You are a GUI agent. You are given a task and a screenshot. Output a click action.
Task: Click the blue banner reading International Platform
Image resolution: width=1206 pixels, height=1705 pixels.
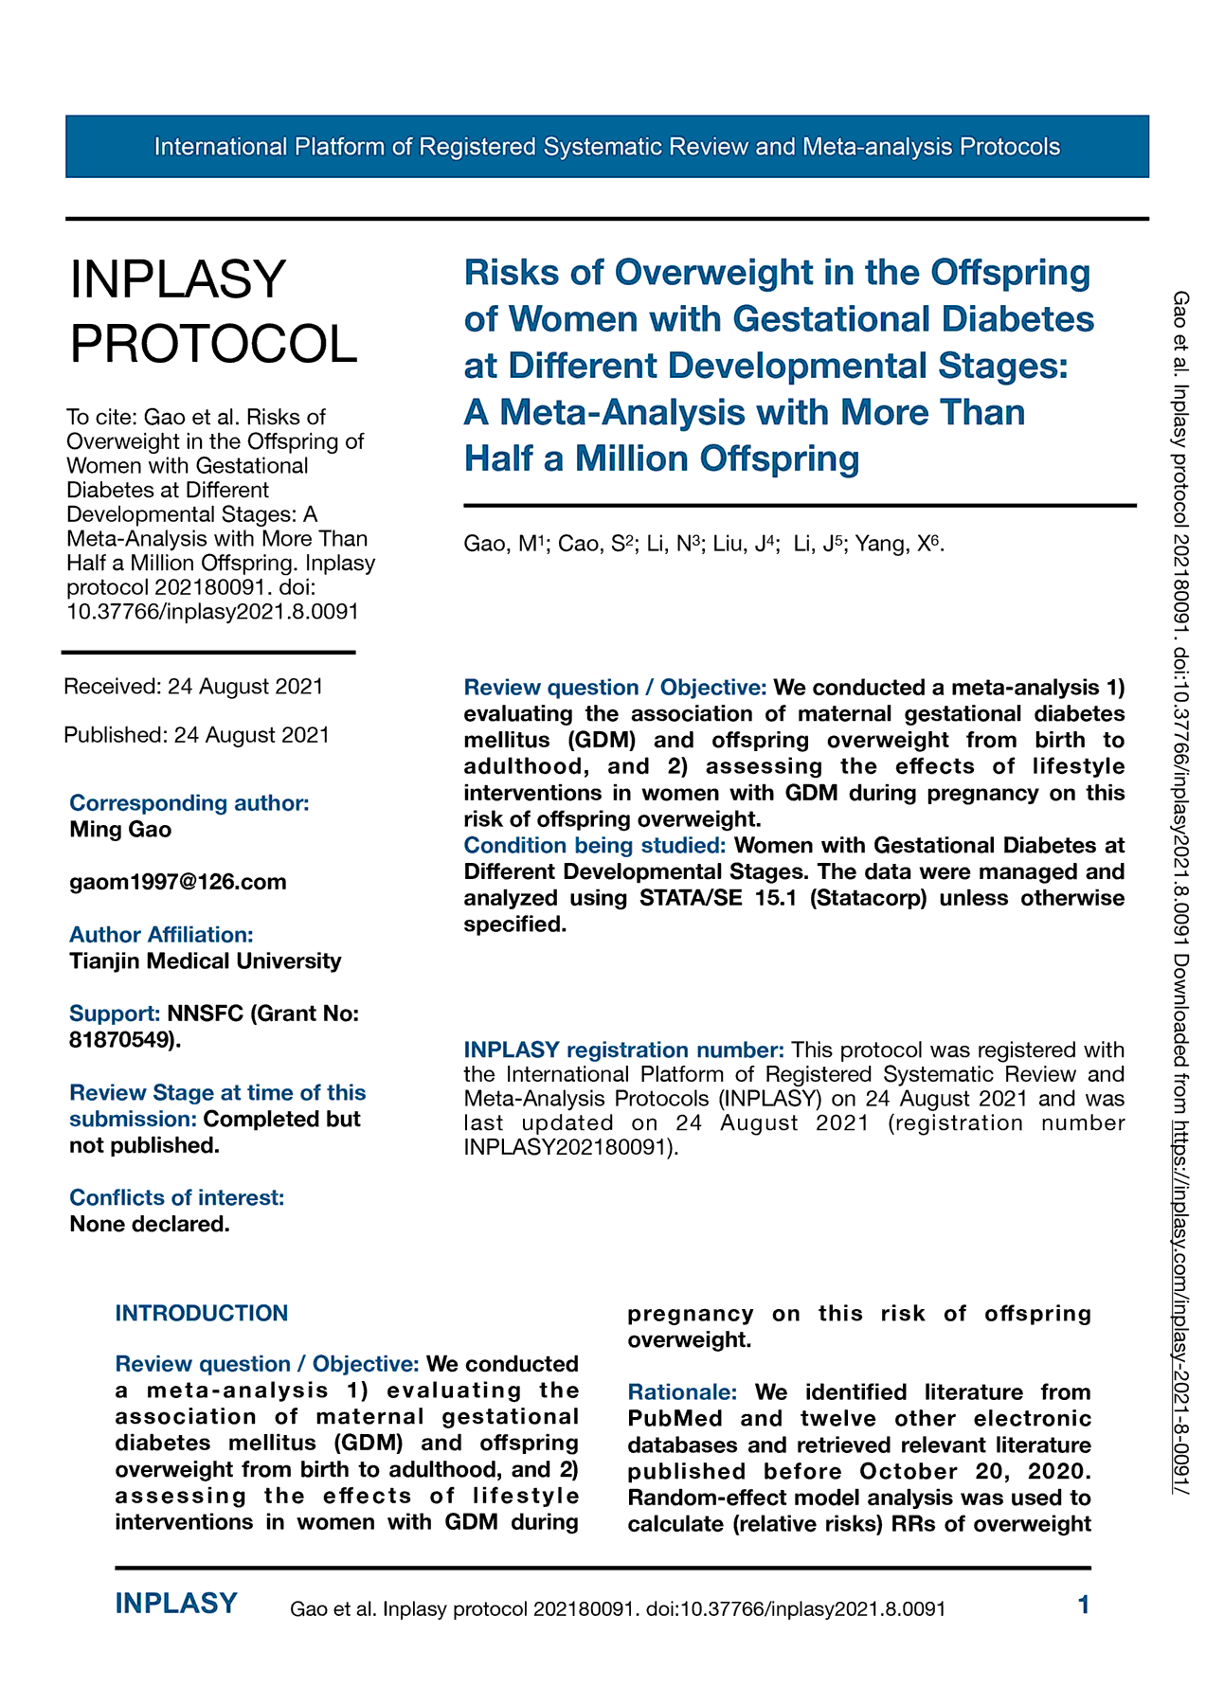[x=606, y=147]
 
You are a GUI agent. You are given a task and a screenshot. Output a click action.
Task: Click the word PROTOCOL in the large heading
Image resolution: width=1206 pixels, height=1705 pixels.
[x=214, y=343]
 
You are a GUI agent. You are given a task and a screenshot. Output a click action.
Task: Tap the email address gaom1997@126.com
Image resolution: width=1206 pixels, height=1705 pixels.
[x=178, y=882]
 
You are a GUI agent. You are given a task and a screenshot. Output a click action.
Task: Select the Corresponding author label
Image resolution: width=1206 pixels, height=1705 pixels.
[x=189, y=803]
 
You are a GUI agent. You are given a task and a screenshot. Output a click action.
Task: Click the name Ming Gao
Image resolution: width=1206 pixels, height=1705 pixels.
[x=120, y=830]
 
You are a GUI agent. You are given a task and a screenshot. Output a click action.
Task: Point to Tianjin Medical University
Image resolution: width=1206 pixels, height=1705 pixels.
[x=206, y=961]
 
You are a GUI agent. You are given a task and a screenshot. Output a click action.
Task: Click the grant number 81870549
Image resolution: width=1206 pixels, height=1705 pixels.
[x=122, y=1040]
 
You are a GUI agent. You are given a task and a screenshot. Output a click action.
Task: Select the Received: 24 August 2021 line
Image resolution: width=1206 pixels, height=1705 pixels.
[x=193, y=687]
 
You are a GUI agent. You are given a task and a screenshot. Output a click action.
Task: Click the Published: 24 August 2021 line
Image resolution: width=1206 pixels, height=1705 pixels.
[x=196, y=735]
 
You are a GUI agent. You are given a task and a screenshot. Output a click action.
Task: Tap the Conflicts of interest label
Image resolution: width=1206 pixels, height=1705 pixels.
[x=177, y=1198]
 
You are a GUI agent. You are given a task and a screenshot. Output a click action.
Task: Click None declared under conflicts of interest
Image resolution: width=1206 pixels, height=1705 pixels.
[x=150, y=1225]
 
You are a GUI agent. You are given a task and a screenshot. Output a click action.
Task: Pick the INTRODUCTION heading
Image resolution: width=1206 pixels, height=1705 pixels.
[x=202, y=1314]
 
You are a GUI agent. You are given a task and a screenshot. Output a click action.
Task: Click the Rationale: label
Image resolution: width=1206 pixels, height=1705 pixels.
[x=682, y=1392]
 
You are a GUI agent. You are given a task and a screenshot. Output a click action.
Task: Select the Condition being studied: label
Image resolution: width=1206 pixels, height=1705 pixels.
[x=595, y=845]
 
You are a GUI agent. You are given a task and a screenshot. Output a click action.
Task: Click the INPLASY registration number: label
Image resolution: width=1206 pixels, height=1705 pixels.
[x=623, y=1050]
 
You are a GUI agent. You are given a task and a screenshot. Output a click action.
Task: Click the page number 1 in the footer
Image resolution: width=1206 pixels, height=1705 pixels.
[x=1084, y=1605]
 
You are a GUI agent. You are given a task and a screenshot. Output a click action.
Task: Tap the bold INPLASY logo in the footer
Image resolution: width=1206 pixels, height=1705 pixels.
[x=176, y=1604]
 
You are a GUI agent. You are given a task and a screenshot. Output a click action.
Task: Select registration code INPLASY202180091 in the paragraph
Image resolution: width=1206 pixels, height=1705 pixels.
[x=567, y=1148]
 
